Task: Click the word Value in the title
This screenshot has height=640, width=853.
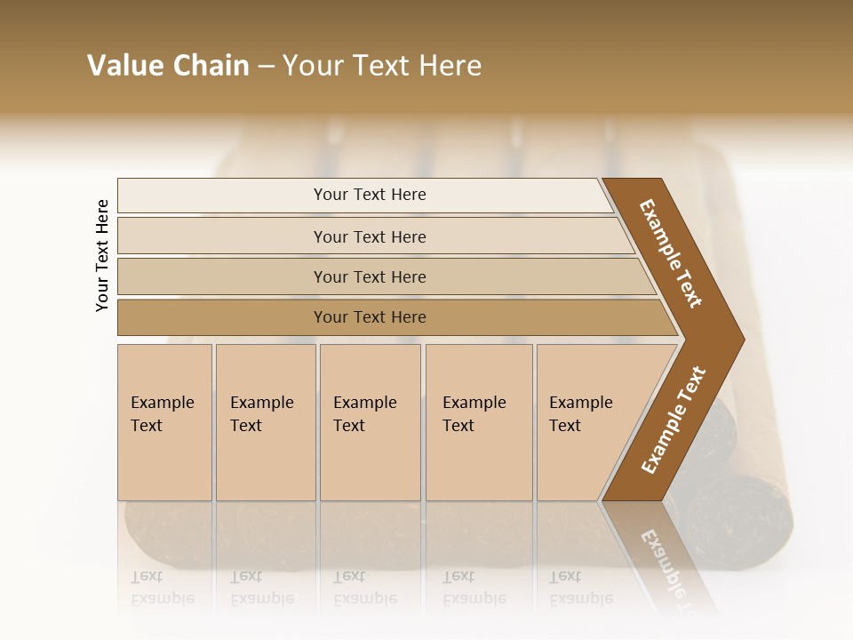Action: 123,66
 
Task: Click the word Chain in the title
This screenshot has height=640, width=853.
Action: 211,66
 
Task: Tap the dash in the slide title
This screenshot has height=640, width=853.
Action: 266,67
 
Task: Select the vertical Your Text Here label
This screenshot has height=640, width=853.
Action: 102,255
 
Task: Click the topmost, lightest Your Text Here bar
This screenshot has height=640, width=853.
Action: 369,195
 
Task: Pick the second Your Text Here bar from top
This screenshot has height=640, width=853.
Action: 369,236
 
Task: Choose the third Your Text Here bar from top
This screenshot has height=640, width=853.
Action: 369,276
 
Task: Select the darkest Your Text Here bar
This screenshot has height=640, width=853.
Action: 369,317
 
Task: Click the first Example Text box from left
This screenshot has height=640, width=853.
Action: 164,422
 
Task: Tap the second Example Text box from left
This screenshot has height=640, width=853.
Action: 265,422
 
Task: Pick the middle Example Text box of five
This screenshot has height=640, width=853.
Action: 369,422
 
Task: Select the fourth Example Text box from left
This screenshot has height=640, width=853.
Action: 478,422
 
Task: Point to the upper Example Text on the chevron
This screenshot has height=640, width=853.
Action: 672,253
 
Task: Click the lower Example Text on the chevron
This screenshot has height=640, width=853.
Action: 674,420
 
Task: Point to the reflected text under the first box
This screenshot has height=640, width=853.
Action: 162,588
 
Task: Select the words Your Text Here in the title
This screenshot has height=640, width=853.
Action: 382,66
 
